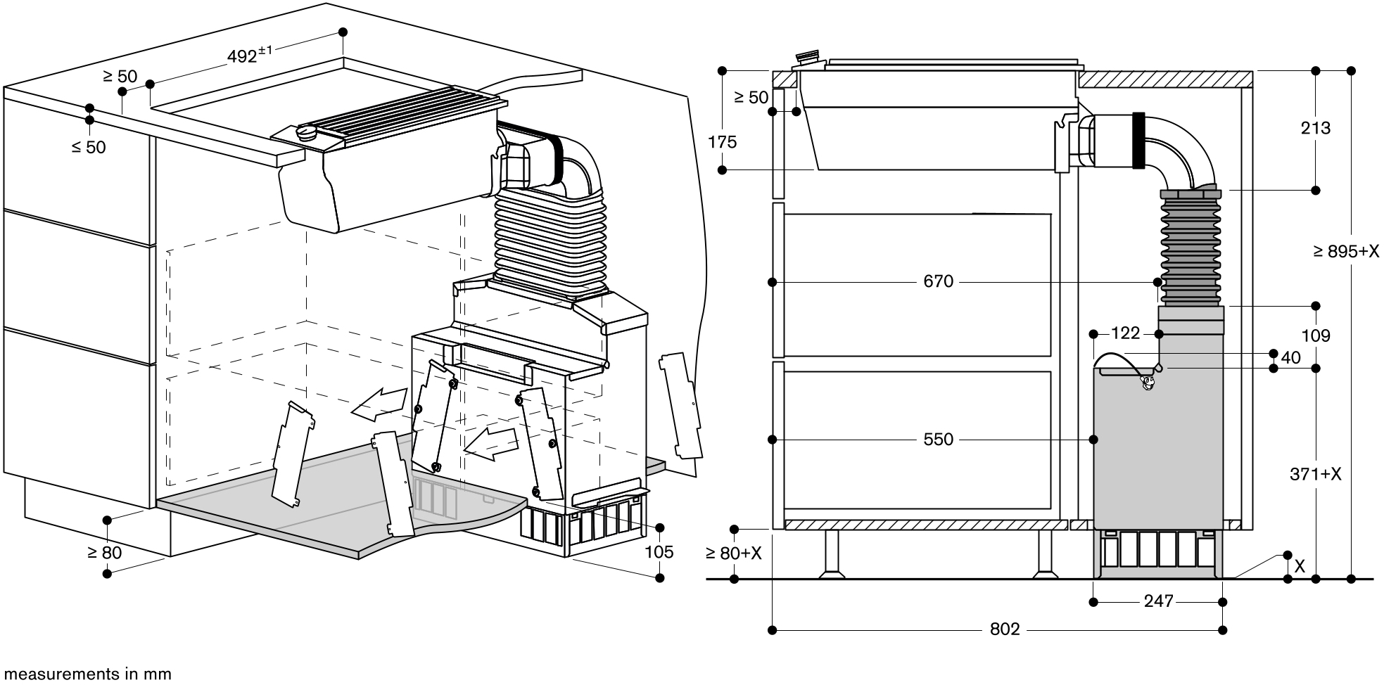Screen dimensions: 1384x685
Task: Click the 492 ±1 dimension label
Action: coord(250,55)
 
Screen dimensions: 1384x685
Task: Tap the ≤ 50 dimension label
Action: coord(89,148)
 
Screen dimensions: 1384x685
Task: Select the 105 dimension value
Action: coord(659,552)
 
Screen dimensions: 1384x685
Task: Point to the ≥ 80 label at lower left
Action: coord(104,553)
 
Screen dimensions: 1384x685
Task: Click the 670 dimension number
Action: coord(938,281)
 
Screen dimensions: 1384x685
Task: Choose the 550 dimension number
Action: coord(938,440)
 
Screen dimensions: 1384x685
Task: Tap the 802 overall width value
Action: coord(1005,629)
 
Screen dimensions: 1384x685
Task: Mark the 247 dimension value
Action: coord(1159,601)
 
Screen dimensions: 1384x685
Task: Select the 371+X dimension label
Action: coord(1316,475)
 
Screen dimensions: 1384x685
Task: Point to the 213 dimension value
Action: coord(1316,128)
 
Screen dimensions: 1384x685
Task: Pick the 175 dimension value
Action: coord(723,142)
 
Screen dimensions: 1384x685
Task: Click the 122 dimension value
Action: coord(1125,333)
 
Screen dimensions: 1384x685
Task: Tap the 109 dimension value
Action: coord(1316,336)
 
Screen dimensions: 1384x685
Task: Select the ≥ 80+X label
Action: coord(734,553)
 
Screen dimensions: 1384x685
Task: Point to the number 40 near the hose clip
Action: coord(1291,358)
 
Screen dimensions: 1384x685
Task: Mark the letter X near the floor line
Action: coord(1300,566)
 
